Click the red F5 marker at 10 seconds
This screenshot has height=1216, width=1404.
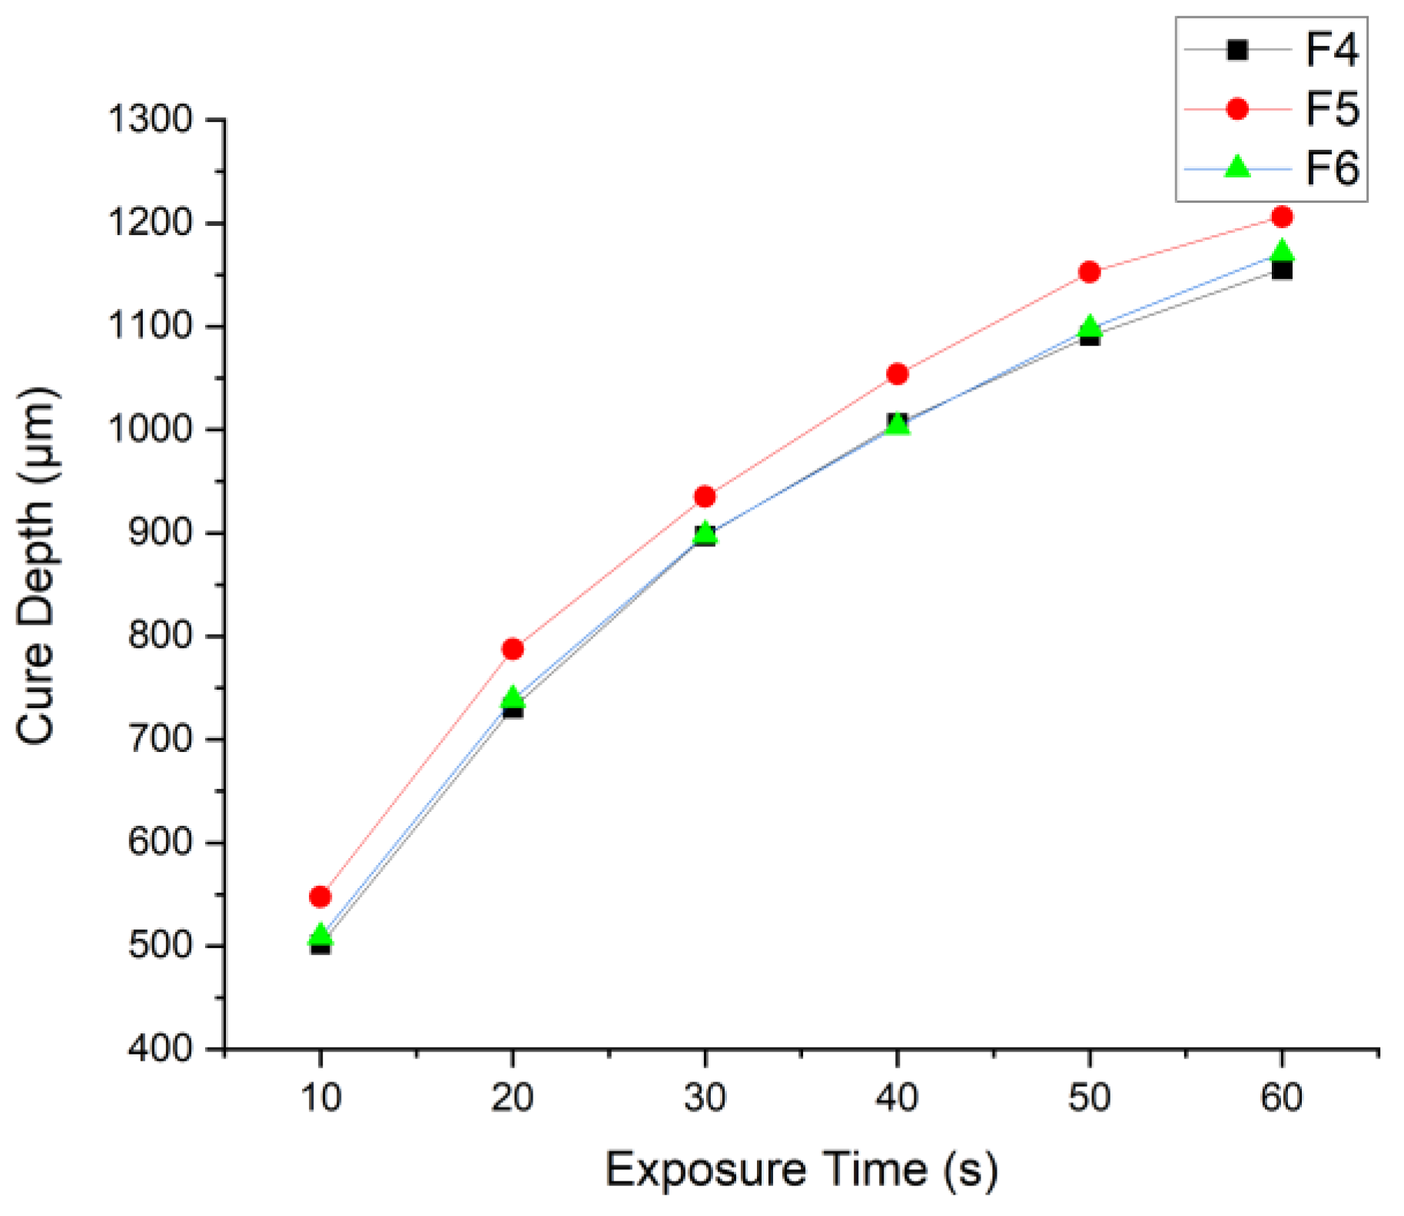tap(320, 896)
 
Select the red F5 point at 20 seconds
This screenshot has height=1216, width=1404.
tap(513, 649)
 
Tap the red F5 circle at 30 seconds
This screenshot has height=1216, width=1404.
tap(705, 497)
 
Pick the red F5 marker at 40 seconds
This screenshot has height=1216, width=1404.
tap(897, 374)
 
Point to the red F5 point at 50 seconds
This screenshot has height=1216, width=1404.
tap(1089, 272)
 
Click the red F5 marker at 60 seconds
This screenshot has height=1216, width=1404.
tap(1282, 217)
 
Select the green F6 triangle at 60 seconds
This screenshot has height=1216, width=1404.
tap(1282, 251)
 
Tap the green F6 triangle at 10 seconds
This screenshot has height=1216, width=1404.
tap(320, 935)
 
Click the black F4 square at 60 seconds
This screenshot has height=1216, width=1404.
tap(1282, 271)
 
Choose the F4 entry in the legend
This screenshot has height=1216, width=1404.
tap(1332, 51)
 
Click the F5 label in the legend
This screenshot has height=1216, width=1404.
tap(1332, 110)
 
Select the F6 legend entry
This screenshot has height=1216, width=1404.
tap(1332, 169)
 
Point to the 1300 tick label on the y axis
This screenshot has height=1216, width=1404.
tap(151, 121)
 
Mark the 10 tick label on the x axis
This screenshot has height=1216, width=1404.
tap(320, 1098)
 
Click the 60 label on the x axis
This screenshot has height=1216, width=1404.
tap(1282, 1098)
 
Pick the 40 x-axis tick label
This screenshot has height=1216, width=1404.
tap(897, 1098)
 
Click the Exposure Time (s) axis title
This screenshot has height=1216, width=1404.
tap(802, 1171)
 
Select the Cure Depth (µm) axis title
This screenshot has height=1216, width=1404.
tap(37, 566)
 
